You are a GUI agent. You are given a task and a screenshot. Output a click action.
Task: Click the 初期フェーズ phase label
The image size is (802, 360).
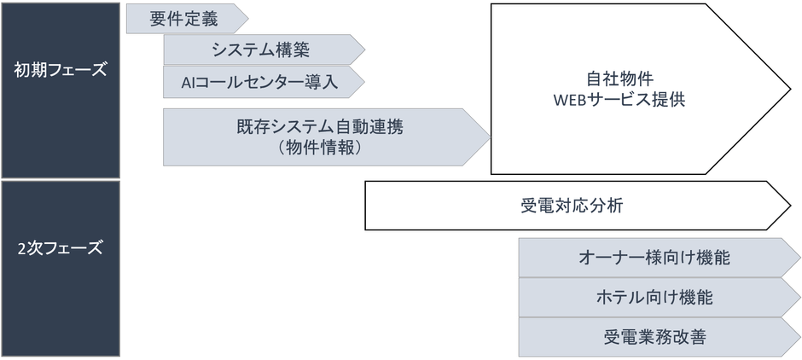tap(60, 70)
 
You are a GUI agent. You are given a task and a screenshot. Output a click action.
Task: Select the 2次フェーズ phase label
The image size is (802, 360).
tap(60, 249)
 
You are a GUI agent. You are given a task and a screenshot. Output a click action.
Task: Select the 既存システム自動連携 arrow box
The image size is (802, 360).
tap(320, 128)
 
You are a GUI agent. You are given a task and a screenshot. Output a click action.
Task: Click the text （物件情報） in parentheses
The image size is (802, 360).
tap(320, 147)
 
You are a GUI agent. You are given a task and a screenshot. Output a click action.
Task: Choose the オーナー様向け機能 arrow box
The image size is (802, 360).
tap(653, 257)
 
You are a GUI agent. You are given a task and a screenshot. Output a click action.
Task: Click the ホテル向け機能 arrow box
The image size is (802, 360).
tap(653, 298)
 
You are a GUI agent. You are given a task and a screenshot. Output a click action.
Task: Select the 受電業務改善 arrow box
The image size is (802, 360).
tap(653, 338)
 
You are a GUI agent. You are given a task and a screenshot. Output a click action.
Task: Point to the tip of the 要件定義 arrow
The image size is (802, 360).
tap(247, 19)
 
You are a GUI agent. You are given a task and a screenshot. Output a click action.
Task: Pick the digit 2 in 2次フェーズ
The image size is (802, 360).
tap(22, 249)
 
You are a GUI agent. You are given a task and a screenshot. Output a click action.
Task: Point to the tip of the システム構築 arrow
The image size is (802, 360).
tap(364, 49)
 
